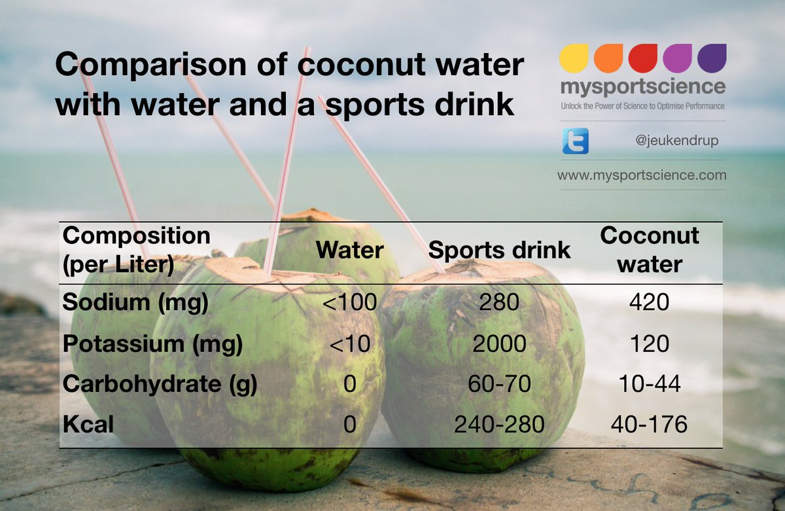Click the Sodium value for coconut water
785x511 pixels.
click(x=650, y=303)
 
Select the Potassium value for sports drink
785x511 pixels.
click(x=499, y=344)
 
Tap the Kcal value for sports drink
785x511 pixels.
click(x=499, y=425)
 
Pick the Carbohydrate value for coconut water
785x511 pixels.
click(x=650, y=384)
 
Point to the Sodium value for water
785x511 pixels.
click(x=350, y=303)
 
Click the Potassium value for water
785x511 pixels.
click(x=350, y=344)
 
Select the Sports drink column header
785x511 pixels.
click(x=499, y=249)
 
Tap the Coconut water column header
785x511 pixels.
click(x=650, y=249)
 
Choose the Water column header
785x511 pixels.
click(x=350, y=249)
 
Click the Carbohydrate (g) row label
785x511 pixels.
click(x=160, y=384)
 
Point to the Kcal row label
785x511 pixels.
click(x=88, y=425)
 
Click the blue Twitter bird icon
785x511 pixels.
click(x=575, y=141)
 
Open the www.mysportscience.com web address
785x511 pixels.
click(x=642, y=175)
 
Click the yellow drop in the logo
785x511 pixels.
click(x=574, y=58)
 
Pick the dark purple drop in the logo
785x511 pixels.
click(x=712, y=58)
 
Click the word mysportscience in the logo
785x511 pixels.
click(x=642, y=88)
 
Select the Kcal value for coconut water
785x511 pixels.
click(x=650, y=425)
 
